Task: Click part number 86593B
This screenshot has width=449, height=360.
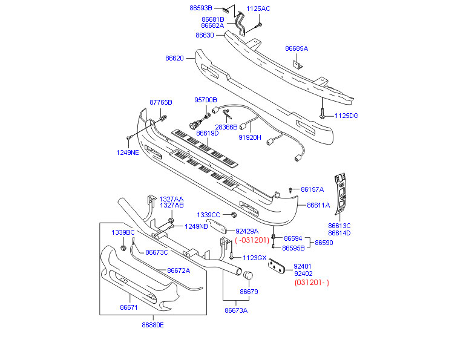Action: pyautogui.click(x=200, y=8)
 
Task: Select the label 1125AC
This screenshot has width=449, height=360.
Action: pyautogui.click(x=258, y=8)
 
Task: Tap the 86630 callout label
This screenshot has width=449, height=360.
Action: pyautogui.click(x=205, y=35)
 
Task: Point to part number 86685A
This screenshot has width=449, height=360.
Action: pyautogui.click(x=297, y=48)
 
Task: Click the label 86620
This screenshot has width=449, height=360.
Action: pyautogui.click(x=174, y=59)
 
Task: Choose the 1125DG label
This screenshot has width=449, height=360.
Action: pyautogui.click(x=347, y=115)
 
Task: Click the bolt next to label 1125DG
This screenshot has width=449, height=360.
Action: pyautogui.click(x=323, y=113)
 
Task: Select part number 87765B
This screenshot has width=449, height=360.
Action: pyautogui.click(x=161, y=102)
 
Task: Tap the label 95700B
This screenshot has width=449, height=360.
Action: pyautogui.click(x=205, y=100)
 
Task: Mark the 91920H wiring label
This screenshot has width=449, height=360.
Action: pyautogui.click(x=250, y=137)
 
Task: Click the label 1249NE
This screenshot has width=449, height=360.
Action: pyautogui.click(x=128, y=152)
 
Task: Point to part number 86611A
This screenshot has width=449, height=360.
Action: pyautogui.click(x=318, y=205)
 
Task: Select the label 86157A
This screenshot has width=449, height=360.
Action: pyautogui.click(x=312, y=189)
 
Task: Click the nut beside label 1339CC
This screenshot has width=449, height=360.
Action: pyautogui.click(x=233, y=215)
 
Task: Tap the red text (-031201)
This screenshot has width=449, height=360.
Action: pyautogui.click(x=252, y=240)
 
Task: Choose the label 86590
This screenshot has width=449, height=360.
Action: pyautogui.click(x=324, y=243)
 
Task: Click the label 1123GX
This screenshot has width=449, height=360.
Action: pyautogui.click(x=254, y=258)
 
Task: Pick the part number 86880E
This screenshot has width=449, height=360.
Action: pyautogui.click(x=152, y=325)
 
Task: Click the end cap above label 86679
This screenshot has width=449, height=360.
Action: pyautogui.click(x=247, y=277)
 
